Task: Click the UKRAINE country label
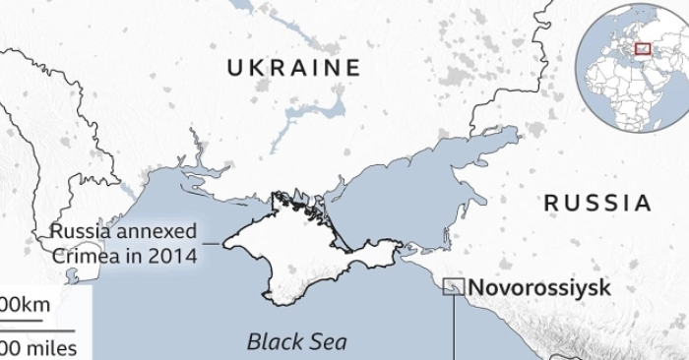(x=294, y=68)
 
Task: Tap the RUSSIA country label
(x=598, y=204)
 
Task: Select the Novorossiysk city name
(x=539, y=288)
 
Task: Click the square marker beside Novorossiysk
(x=454, y=287)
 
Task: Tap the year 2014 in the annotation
(x=174, y=256)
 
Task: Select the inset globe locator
(x=630, y=69)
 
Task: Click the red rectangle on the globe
(x=643, y=47)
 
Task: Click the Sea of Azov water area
(x=394, y=197)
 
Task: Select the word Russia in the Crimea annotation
(x=78, y=233)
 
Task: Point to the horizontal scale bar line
(x=34, y=327)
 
